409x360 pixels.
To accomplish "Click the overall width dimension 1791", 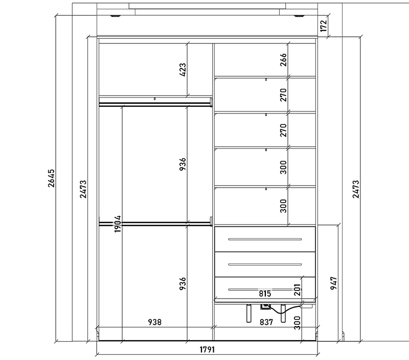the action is [207, 349].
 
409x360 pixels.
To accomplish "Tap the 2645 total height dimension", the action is [52, 178].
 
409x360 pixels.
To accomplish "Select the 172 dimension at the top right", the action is [324, 26].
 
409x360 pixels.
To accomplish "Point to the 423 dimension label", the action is [183, 70].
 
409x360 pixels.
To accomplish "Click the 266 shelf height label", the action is [283, 60].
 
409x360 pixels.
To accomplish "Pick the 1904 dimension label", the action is [118, 224].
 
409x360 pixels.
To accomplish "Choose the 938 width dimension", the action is [155, 322].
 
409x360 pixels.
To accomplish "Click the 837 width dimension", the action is [266, 322].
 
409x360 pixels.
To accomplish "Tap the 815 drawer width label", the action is [265, 294].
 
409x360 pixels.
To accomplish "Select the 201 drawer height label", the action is [298, 289].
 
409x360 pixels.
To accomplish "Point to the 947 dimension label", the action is [334, 283].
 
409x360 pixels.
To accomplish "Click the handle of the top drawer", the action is [265, 239].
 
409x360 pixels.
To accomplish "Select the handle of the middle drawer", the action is [265, 264].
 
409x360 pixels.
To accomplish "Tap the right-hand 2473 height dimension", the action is [356, 189].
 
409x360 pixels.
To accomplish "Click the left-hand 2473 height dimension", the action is [83, 189].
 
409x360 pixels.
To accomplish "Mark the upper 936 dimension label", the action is [183, 164].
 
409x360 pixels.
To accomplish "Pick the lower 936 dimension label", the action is [183, 284].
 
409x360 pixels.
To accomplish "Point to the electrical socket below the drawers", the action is [265, 306].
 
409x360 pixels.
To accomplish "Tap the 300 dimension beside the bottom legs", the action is [298, 323].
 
